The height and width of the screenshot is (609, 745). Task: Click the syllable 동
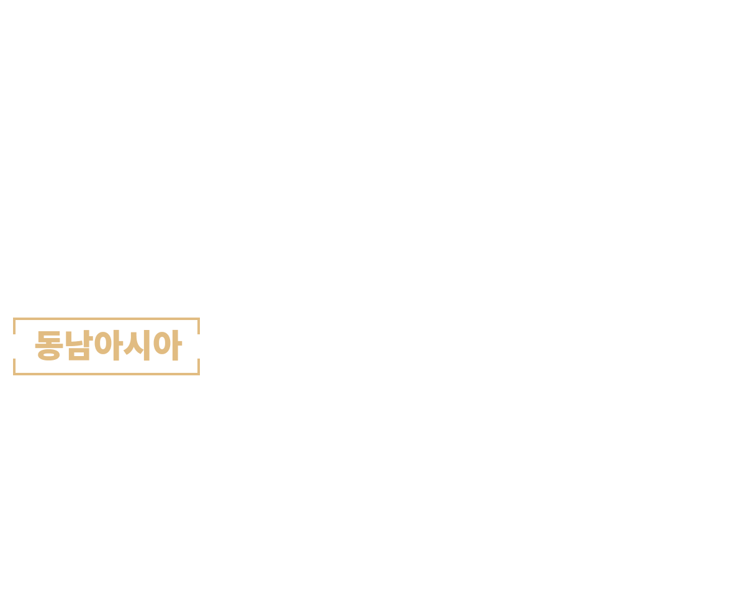click(49, 346)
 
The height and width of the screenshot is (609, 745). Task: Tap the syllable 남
click(79, 345)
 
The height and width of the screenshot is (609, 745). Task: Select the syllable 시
click(137, 345)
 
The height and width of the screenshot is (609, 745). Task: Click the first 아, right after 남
click(109, 345)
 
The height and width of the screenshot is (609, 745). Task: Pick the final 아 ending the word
click(168, 345)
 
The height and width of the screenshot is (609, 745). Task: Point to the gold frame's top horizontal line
click(106, 319)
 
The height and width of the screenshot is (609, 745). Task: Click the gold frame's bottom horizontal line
click(106, 374)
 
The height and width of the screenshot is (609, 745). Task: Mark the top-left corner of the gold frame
click(14, 318)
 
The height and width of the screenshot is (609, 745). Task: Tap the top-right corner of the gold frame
click(199, 318)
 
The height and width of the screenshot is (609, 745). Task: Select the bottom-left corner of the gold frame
click(14, 375)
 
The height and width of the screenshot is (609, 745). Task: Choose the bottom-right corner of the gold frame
click(199, 375)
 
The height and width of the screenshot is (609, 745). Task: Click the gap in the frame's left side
click(14, 346)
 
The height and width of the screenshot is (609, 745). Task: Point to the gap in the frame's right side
click(199, 346)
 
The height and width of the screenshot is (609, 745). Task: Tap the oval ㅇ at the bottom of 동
click(49, 355)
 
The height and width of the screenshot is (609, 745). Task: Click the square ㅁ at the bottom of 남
click(79, 354)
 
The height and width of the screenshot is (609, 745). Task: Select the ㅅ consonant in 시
click(133, 344)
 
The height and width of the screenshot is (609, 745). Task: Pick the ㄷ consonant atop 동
click(49, 337)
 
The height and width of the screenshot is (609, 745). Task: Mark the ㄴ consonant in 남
click(74, 339)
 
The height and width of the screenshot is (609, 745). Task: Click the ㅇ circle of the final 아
click(162, 344)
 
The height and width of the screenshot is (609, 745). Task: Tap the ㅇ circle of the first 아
click(103, 344)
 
